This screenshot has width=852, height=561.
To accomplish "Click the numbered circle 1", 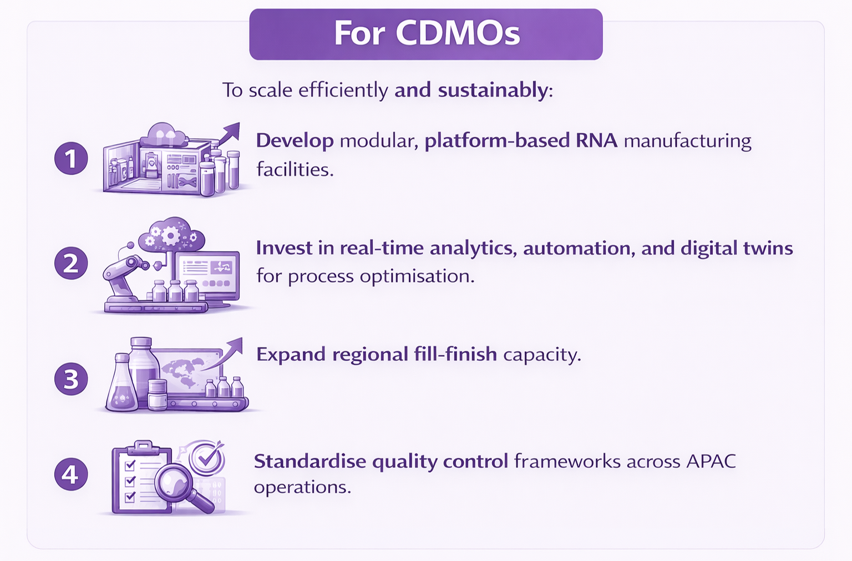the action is point(71,158).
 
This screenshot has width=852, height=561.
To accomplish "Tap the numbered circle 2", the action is point(71,263).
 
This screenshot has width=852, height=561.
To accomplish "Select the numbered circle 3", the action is point(71,378).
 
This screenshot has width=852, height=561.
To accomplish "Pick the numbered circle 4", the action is point(71,474).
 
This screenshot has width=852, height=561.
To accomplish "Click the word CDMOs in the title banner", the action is point(458,33).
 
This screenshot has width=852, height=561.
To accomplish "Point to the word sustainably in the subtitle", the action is point(493,90).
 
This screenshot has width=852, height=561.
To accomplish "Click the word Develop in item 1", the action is point(295,141).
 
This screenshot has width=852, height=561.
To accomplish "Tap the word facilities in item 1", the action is point(295,169).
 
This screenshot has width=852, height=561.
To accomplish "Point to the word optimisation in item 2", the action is point(417,276).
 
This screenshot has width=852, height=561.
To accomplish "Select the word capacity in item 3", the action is point(542,355).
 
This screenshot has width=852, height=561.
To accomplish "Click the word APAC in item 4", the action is point(711,461).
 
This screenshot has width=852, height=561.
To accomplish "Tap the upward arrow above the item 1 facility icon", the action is point(228,135).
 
